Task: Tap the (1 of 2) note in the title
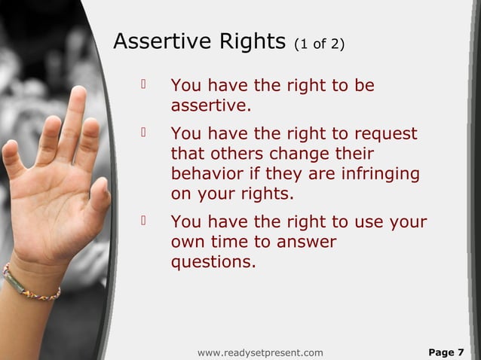pos(320,44)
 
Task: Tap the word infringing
pos(379,174)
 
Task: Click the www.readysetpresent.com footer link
pos(260,352)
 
